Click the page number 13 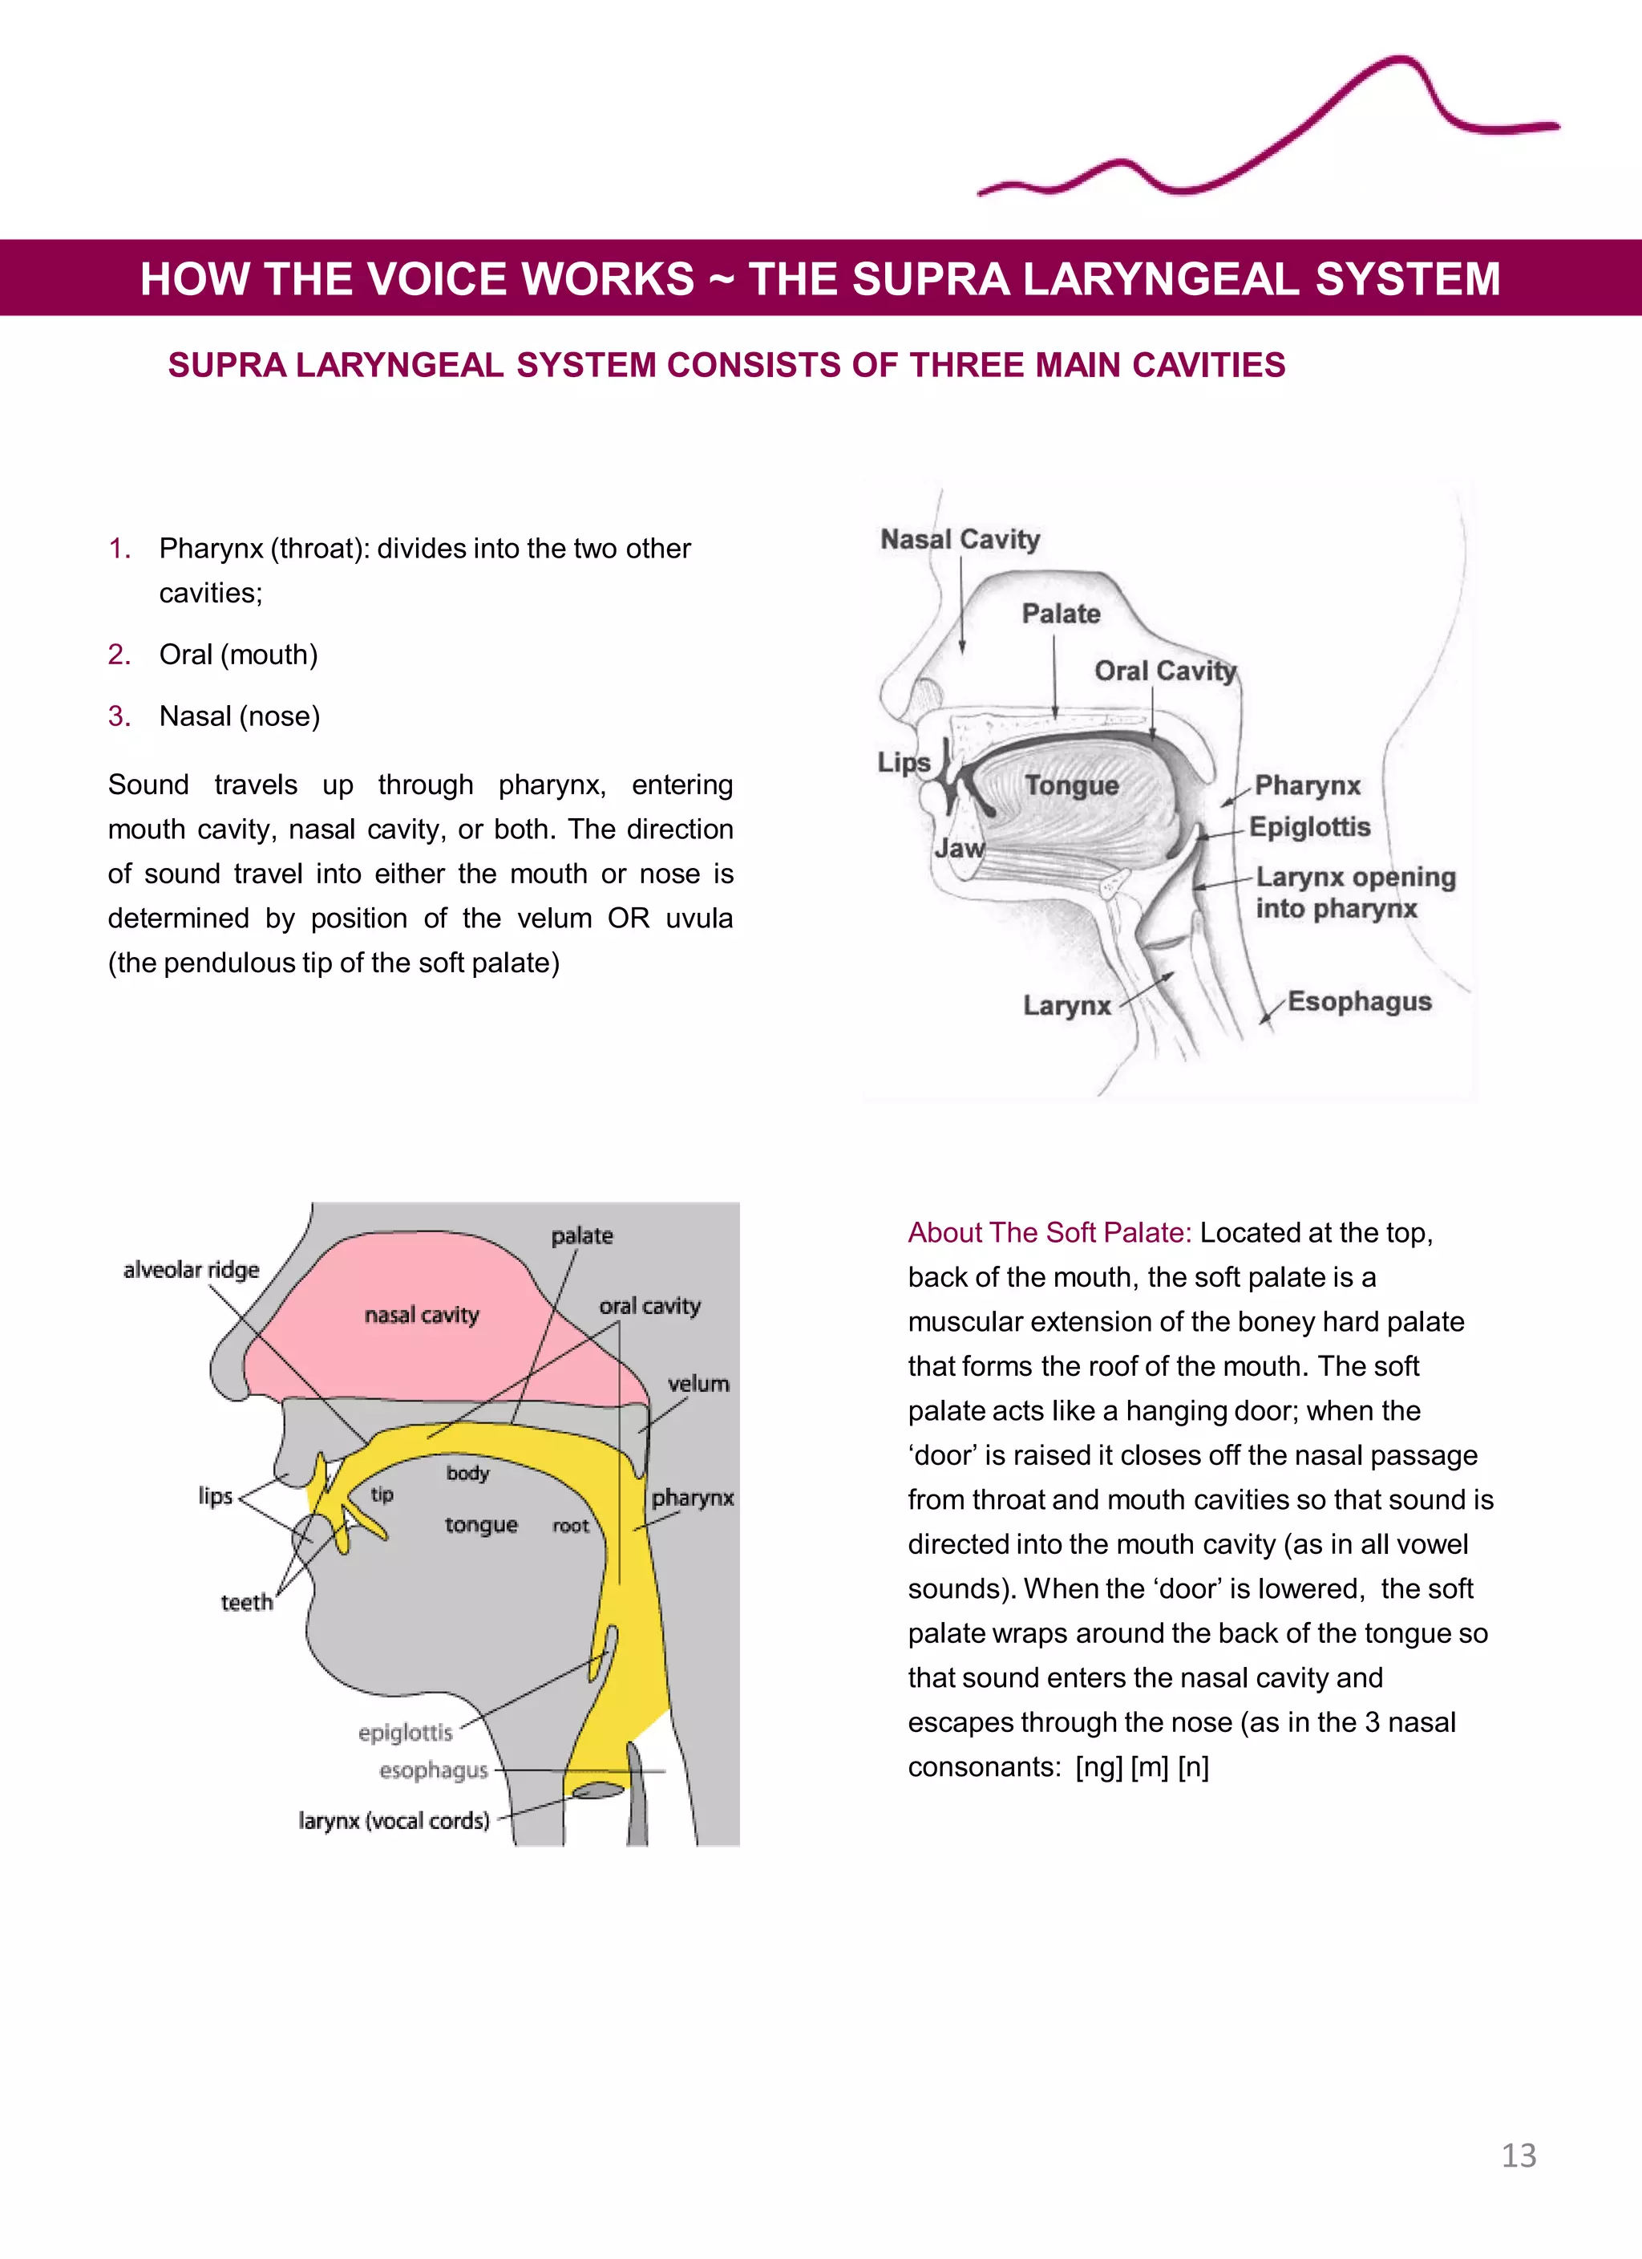1519,2156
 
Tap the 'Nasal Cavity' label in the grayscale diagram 960,539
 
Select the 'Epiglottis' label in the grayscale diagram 1309,827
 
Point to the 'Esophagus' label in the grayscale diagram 1359,1001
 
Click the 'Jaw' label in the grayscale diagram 959,848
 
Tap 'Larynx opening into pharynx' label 1354,892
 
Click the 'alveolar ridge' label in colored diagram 191,1269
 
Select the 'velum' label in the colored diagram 698,1384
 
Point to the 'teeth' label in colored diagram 246,1602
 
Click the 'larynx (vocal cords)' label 394,1821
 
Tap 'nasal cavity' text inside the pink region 421,1315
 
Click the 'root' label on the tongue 571,1526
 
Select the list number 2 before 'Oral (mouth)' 119,655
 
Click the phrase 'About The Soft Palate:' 1050,1233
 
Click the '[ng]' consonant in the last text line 1098,1767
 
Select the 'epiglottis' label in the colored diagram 405,1732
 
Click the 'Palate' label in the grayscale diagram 1061,614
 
